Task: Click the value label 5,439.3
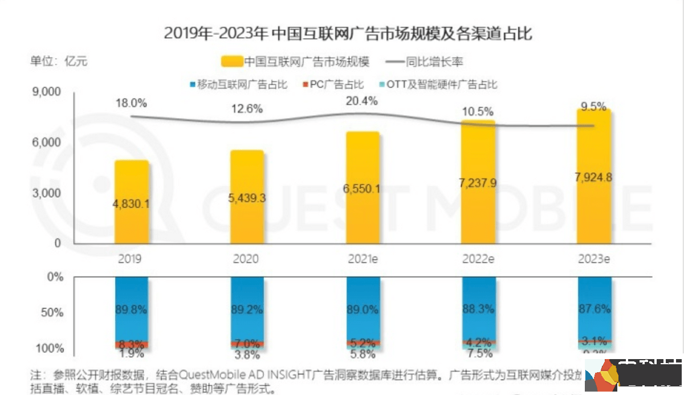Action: coord(247,198)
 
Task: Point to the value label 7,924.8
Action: coord(594,177)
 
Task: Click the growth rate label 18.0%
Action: coord(131,103)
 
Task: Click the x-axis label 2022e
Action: coord(478,259)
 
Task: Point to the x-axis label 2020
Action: coord(246,259)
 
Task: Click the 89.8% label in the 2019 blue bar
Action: coord(131,310)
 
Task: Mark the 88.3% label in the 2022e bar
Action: coord(478,310)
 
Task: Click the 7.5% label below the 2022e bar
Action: coord(478,354)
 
